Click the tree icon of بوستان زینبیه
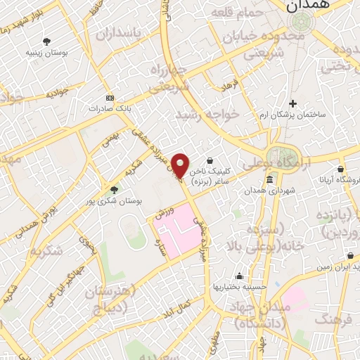point(47,41)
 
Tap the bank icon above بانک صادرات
point(108,98)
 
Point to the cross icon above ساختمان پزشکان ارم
point(293,104)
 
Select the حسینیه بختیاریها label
point(240,287)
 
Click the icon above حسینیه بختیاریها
point(240,276)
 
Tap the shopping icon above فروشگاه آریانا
point(340,169)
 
